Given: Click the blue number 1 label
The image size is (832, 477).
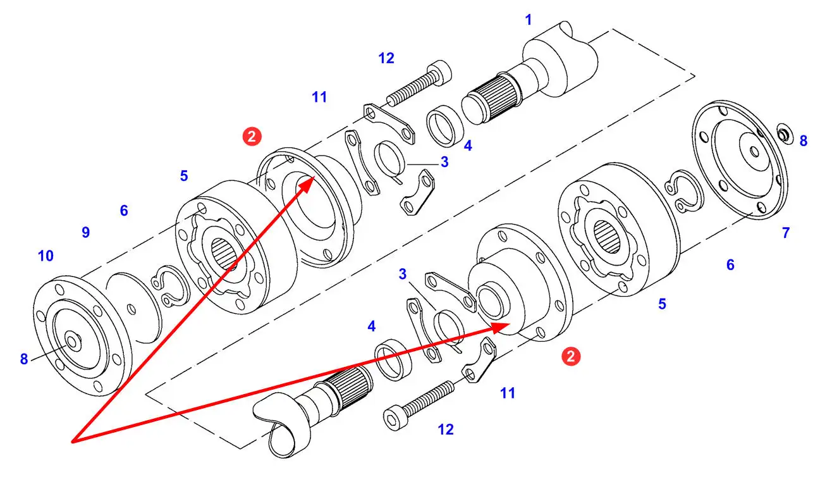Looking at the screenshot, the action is [x=529, y=20].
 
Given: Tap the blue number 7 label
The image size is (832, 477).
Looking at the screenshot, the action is [x=786, y=233].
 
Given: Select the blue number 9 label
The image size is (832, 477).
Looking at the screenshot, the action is [x=85, y=233].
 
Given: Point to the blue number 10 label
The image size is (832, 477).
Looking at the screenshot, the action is [x=46, y=256].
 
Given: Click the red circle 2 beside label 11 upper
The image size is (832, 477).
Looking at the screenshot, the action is [x=252, y=137].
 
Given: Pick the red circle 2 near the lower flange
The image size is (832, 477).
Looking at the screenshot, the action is [x=571, y=357].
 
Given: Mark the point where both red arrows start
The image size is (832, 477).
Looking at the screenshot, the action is [x=73, y=442].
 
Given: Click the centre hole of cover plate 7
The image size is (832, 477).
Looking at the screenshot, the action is [x=754, y=152].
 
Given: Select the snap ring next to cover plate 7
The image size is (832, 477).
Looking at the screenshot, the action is [x=683, y=192].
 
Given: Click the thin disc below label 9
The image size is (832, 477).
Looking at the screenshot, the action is [x=134, y=308].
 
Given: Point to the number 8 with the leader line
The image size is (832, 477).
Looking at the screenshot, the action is [x=24, y=359].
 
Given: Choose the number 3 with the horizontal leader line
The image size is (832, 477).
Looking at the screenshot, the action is [x=444, y=162].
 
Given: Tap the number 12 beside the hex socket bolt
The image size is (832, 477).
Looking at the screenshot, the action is [x=446, y=430].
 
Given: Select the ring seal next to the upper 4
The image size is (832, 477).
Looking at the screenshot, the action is [x=445, y=126].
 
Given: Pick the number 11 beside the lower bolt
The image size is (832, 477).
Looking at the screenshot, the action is [x=508, y=393].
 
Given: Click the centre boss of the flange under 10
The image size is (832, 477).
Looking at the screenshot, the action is [x=73, y=340].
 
